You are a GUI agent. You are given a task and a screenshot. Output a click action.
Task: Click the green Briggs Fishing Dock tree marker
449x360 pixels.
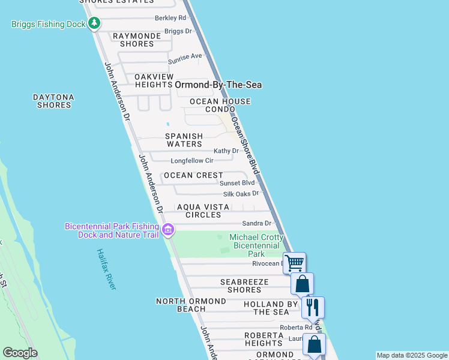point(94,24)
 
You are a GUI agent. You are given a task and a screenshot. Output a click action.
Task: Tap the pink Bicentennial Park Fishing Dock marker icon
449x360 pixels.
point(168,229)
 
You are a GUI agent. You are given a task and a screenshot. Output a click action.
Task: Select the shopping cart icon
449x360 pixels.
point(294,263)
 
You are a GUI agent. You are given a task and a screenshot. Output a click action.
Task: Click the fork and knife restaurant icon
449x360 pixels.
point(313,307)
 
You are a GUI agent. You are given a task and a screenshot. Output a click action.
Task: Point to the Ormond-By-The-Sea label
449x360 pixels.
point(218,85)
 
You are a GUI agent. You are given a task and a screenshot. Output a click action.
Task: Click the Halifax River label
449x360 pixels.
point(106,269)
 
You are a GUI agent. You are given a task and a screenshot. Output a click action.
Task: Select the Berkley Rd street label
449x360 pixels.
point(170,18)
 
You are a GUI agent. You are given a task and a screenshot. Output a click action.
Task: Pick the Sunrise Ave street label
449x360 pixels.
point(185,56)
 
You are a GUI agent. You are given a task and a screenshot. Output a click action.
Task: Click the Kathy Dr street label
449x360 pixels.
point(226,151)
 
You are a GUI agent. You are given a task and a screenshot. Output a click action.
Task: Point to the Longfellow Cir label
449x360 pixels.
point(192,161)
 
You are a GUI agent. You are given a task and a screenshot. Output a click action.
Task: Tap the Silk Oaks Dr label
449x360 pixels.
point(241,194)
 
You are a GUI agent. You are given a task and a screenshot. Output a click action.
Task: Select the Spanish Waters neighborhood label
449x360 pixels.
point(184,140)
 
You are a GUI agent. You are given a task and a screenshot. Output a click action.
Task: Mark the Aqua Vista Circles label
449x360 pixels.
point(203,211)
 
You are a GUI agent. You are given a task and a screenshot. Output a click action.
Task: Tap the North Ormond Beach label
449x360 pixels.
point(181,305)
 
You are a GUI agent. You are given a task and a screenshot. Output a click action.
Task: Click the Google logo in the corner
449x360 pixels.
point(20,353)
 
